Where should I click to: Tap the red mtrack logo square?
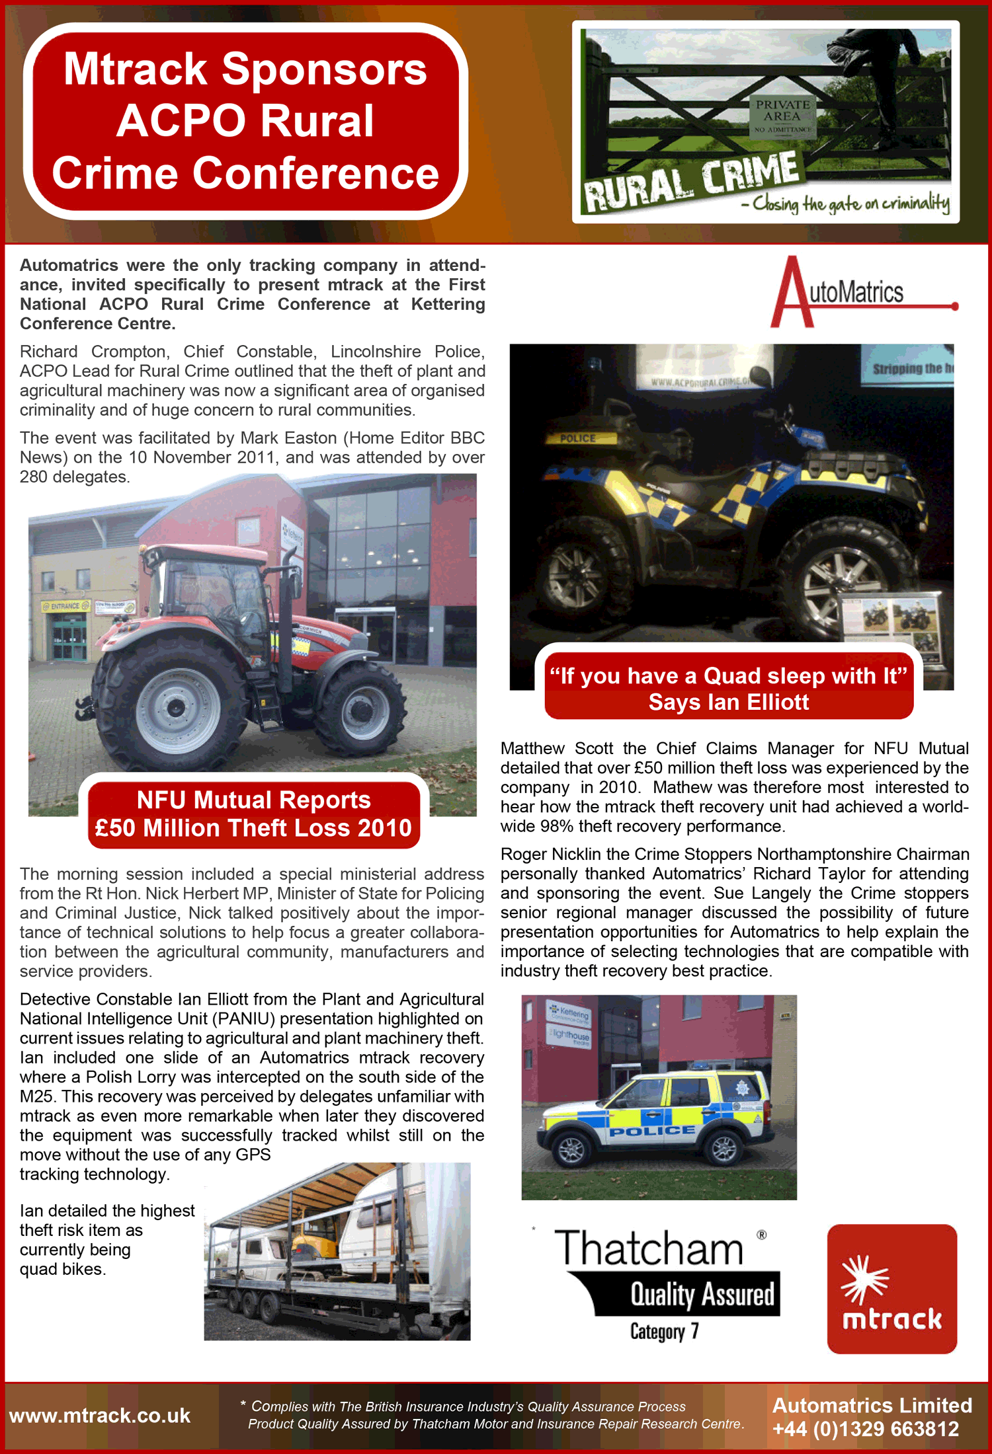[891, 1288]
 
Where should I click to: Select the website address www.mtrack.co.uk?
[100, 1416]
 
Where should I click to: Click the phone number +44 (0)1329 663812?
[866, 1429]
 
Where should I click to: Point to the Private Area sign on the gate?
[782, 116]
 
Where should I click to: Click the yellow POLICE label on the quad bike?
[578, 438]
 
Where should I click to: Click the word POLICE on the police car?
[652, 1131]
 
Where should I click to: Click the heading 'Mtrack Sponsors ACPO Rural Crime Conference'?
[245, 121]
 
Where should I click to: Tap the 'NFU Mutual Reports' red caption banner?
[253, 814]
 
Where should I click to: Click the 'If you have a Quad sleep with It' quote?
[728, 688]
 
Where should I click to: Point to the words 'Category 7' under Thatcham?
[664, 1330]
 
